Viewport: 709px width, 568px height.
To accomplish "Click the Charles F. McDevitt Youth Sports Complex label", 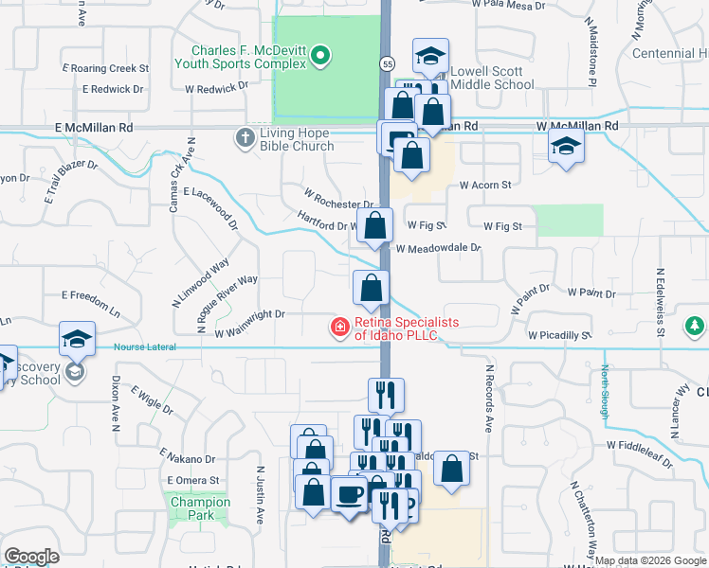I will pos(250,57).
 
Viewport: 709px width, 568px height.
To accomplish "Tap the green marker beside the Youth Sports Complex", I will pos(320,57).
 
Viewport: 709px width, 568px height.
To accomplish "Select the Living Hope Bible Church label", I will pos(298,139).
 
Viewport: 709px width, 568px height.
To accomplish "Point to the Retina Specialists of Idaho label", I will pos(407,328).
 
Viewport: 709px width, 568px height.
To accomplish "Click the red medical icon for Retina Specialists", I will pos(338,328).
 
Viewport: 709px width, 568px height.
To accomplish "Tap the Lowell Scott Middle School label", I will pos(492,78).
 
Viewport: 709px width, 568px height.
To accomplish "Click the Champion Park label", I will pos(196,509).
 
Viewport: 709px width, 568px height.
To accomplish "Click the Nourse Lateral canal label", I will pos(145,347).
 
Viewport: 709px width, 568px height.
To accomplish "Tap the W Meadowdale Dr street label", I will pos(439,248).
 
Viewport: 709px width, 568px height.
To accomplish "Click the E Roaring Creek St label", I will pos(105,68).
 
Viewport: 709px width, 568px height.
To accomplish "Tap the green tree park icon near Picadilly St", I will pos(695,327).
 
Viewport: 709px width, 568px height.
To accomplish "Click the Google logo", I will pos(32,557).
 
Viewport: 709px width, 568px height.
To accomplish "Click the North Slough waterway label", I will pos(605,390).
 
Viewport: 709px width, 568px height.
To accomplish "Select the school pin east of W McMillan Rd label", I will pos(566,147).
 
